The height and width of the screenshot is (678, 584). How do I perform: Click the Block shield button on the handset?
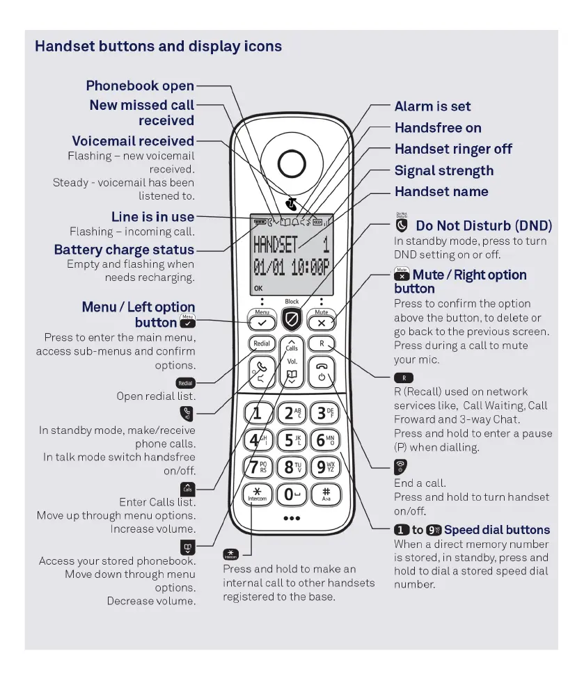coord(292,319)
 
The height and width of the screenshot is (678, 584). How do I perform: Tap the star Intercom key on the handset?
coord(258,494)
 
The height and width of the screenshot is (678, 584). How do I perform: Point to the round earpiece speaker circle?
coord(291,163)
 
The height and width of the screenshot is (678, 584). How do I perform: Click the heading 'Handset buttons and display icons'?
coord(158,47)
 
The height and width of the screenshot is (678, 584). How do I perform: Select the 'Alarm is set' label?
coord(432,106)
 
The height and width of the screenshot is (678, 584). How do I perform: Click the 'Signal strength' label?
coord(443,170)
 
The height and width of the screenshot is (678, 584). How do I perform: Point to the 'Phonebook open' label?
coord(140,86)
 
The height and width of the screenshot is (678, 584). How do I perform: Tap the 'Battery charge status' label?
coord(124,250)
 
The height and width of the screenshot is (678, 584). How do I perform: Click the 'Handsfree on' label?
coord(438,128)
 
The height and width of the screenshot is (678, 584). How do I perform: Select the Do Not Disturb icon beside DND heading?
coord(401,225)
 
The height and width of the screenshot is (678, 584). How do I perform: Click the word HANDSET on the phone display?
coord(276,244)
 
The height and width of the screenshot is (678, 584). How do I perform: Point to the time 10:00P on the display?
coord(310,268)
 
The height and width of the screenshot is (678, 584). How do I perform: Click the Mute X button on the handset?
coord(321,323)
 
